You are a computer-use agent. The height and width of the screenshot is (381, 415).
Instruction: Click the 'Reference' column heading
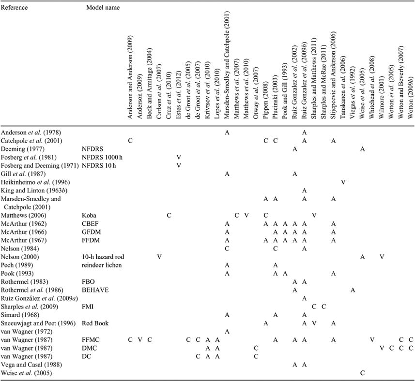(15, 7)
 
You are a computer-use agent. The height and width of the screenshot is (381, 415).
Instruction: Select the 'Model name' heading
(103, 7)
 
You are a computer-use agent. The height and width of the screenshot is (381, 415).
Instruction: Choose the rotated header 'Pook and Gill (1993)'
(285, 90)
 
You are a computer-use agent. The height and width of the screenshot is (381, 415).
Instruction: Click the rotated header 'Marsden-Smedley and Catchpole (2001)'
(227, 65)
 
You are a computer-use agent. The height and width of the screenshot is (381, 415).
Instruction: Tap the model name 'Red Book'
(95, 323)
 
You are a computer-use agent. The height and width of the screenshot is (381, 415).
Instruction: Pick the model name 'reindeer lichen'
(102, 265)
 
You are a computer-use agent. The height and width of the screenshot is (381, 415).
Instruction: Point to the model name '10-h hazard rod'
(103, 257)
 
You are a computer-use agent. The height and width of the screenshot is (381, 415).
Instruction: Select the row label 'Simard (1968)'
(20, 315)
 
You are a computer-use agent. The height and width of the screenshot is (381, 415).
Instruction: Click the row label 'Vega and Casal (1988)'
(31, 365)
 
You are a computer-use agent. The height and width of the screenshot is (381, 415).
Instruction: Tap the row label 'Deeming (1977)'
(23, 149)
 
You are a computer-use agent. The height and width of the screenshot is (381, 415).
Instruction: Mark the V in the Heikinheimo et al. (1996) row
(343, 182)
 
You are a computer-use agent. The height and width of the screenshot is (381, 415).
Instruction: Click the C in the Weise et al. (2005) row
(362, 373)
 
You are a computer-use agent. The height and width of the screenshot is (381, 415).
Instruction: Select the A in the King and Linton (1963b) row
(305, 190)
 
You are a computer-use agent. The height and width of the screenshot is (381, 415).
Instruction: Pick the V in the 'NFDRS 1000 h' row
(179, 157)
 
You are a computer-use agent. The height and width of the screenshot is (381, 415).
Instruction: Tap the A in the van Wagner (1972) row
(227, 331)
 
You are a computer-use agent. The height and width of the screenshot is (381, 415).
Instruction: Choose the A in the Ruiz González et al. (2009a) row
(305, 298)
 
